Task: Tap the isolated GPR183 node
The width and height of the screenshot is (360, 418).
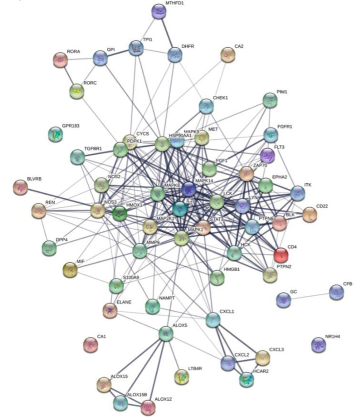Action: coord(56,135)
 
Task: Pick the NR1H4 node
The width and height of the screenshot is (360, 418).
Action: coord(319,345)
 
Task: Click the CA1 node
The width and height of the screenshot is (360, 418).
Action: coord(90,345)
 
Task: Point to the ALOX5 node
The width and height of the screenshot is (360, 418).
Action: coord(165,334)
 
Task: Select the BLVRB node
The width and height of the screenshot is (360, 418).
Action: coord(20,188)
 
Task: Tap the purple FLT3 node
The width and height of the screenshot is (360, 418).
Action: coord(267,155)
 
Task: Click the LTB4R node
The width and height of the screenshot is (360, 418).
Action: coord(181,377)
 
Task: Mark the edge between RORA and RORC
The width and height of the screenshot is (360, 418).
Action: coord(69,76)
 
